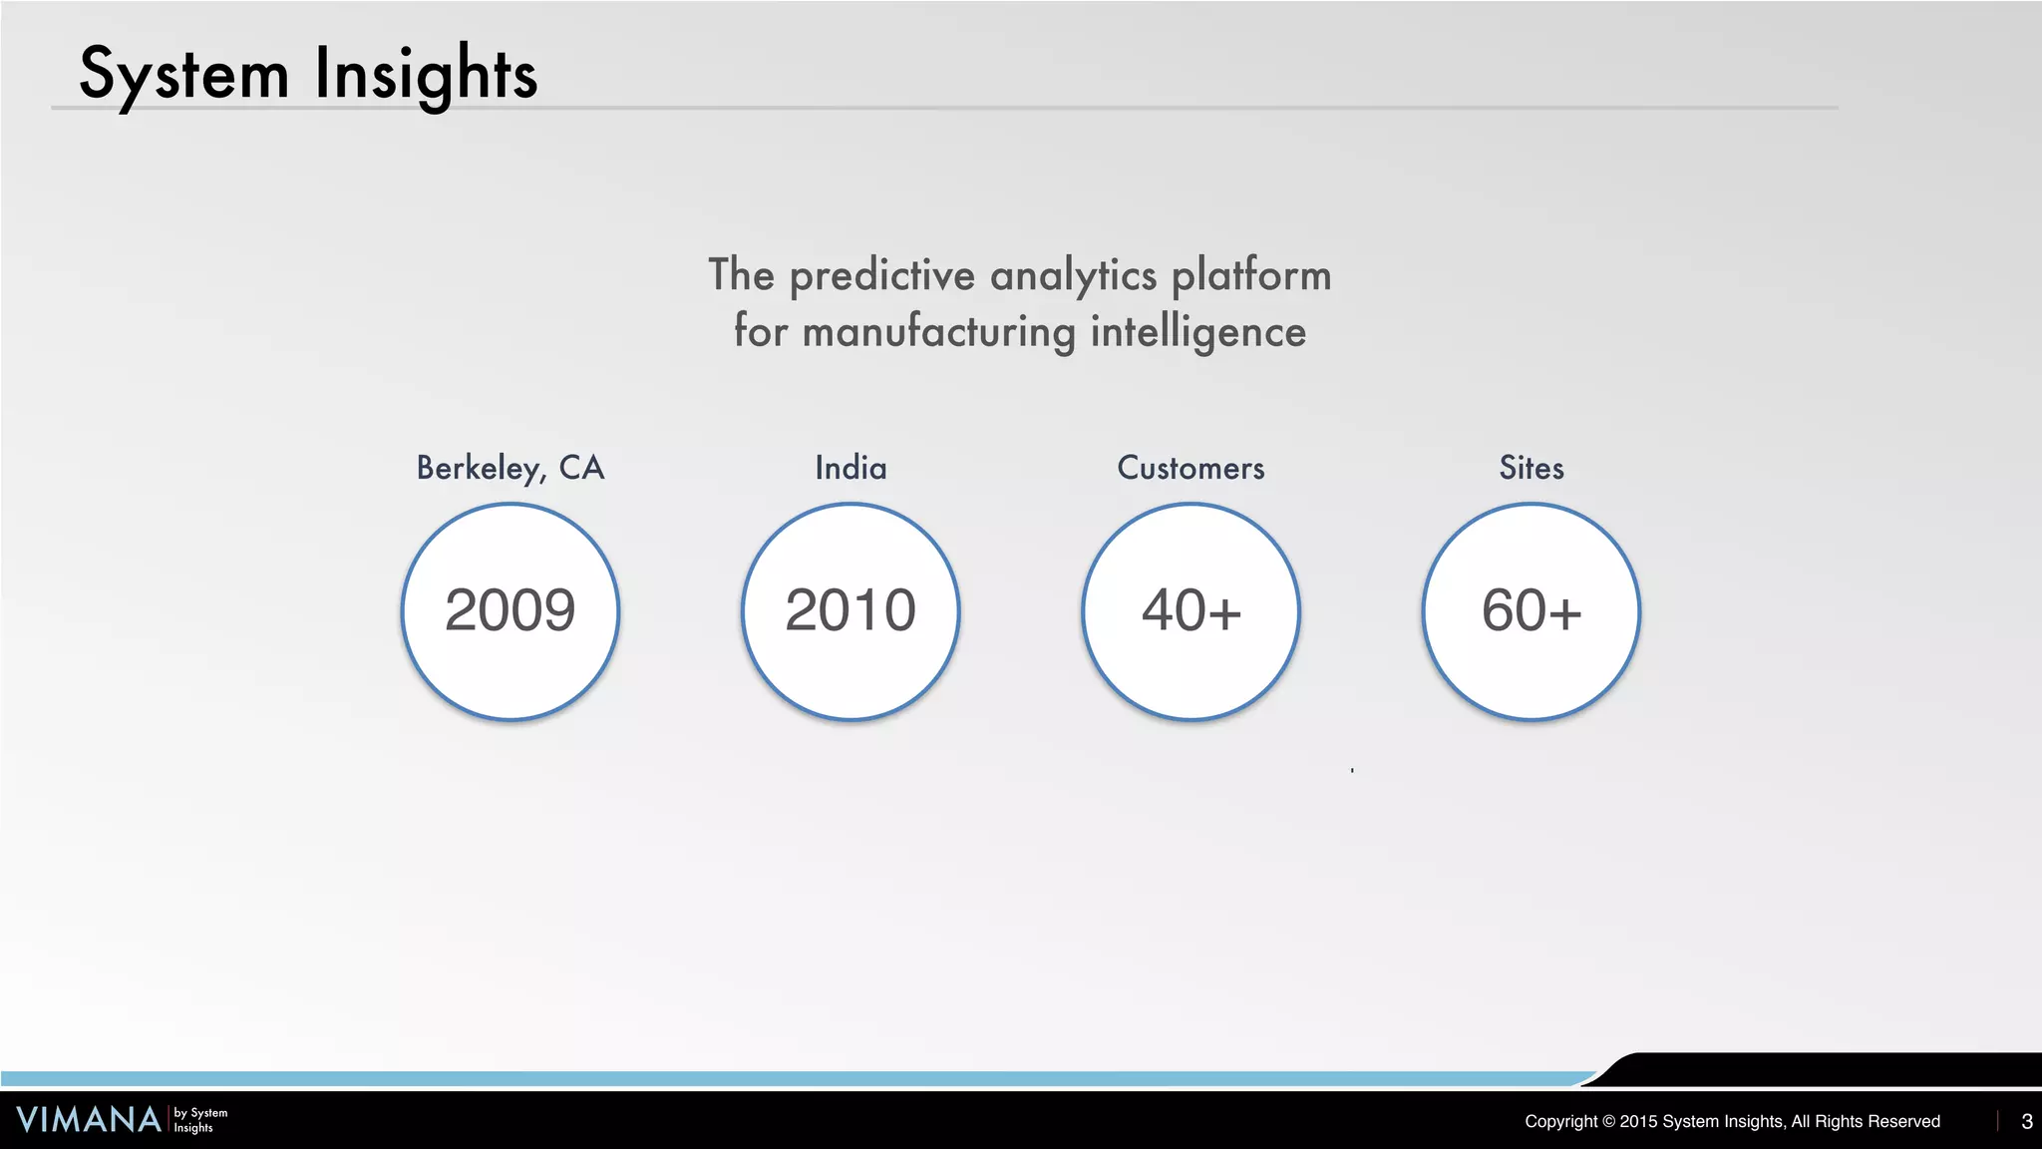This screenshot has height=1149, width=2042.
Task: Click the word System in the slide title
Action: pos(183,75)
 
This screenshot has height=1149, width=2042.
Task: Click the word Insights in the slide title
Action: pos(426,75)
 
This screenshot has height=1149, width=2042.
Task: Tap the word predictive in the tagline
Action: pos(881,276)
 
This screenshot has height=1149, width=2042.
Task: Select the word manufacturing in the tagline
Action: pos(938,332)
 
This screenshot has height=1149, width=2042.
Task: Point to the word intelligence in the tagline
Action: pos(1197,332)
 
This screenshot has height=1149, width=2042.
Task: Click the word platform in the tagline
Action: pos(1250,276)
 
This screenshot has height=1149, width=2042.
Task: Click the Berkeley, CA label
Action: pos(510,468)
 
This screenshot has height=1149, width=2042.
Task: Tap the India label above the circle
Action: pos(851,468)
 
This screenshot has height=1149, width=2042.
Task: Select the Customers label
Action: pos(1191,468)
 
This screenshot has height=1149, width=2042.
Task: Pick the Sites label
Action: pos(1531,468)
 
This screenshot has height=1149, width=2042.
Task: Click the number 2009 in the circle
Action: pos(510,610)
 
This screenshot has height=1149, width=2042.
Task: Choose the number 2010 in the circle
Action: pos(851,610)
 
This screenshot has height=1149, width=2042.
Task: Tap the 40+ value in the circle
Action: pos(1191,610)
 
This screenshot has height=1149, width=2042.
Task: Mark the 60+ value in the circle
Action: pos(1531,610)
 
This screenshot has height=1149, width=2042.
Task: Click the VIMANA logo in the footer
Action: pos(88,1120)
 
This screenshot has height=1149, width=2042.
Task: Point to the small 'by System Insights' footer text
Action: pos(200,1120)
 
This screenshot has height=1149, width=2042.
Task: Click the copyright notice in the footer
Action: pos(1732,1121)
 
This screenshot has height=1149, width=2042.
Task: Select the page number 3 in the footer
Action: pos(2026,1121)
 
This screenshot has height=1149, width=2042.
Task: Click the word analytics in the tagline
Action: pos(1073,276)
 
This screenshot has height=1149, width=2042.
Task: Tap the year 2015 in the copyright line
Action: pos(1638,1121)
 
